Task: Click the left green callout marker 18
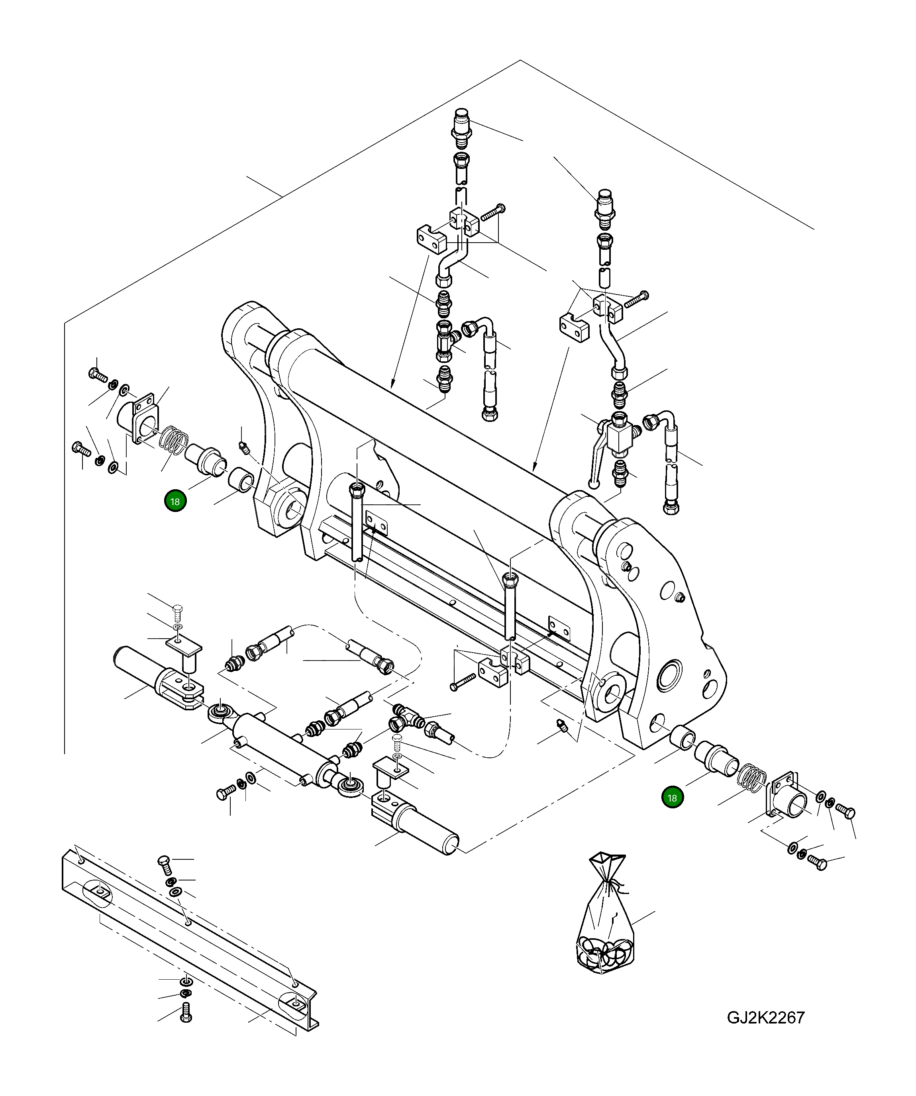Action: coord(175,502)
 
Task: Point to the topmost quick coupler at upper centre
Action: coord(462,127)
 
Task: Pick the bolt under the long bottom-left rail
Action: coord(186,1012)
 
